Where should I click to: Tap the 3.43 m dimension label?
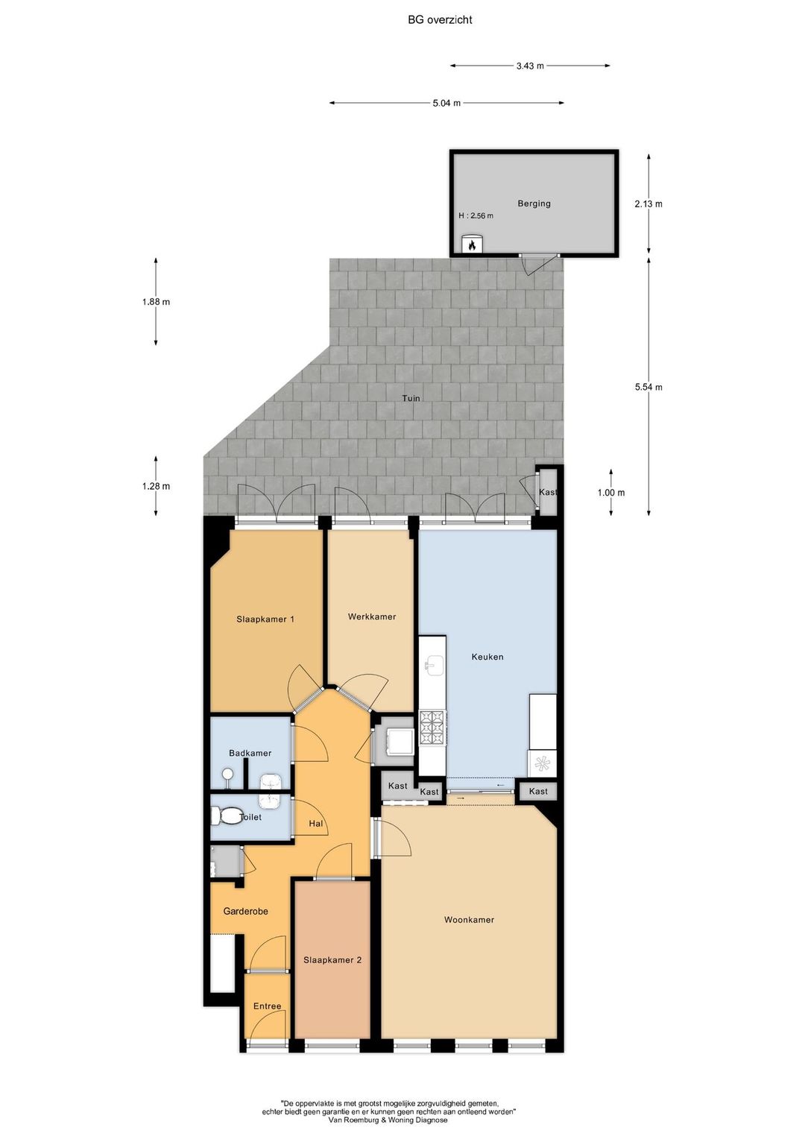pyautogui.click(x=530, y=66)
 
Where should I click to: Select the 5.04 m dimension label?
pyautogui.click(x=446, y=103)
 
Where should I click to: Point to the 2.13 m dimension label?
pyautogui.click(x=648, y=204)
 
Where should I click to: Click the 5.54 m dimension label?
pyautogui.click(x=648, y=387)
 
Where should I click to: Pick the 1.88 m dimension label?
pyautogui.click(x=156, y=302)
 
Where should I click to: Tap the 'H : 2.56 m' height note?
pyautogui.click(x=476, y=215)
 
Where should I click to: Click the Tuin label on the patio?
pyautogui.click(x=411, y=398)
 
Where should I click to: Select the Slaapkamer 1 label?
pyautogui.click(x=265, y=619)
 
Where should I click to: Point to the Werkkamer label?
pyautogui.click(x=372, y=616)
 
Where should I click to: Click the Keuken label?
pyautogui.click(x=487, y=657)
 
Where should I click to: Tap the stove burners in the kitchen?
pyautogui.click(x=433, y=728)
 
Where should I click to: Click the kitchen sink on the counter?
pyautogui.click(x=435, y=665)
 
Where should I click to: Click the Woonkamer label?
pyautogui.click(x=469, y=919)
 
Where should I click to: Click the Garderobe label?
pyautogui.click(x=246, y=911)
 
